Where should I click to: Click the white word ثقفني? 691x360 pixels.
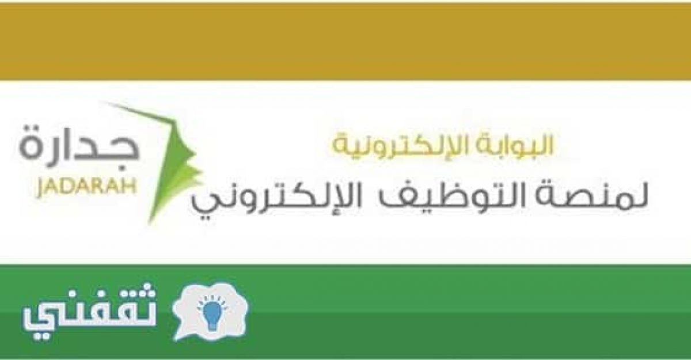pos(89,312)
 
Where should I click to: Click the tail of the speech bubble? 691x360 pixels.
pos(179,334)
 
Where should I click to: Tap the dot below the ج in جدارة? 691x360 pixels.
pos(122,168)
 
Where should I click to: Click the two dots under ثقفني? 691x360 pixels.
pos(41,335)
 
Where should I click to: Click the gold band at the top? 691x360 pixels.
pos(345,41)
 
